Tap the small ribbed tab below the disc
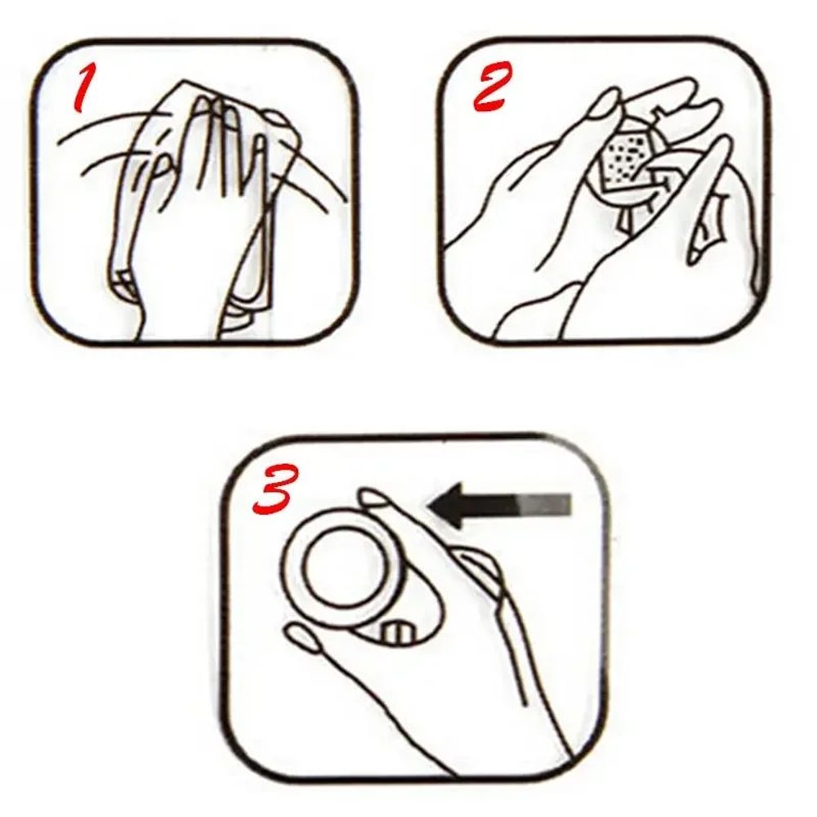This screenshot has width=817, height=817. click(397, 632)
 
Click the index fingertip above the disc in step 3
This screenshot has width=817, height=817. click(373, 496)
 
